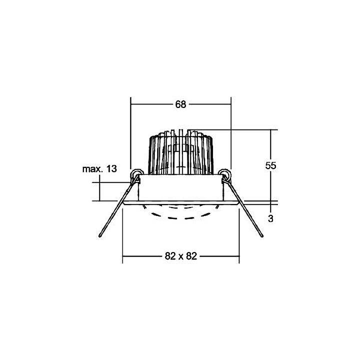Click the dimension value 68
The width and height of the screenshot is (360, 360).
(x=180, y=104)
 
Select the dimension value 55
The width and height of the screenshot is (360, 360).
(x=271, y=165)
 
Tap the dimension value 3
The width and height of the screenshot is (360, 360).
(x=270, y=218)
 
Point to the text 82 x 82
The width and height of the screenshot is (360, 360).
(x=180, y=256)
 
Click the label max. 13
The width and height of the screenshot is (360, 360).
(x=99, y=169)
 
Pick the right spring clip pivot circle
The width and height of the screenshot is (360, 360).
(x=226, y=174)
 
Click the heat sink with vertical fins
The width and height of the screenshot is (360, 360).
(x=180, y=152)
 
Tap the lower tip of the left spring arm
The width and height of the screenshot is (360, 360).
(x=102, y=236)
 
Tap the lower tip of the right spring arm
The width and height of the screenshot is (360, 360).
(x=260, y=236)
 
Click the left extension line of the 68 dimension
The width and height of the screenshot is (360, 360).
(x=130, y=135)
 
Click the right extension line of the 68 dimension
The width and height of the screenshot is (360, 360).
(x=231, y=135)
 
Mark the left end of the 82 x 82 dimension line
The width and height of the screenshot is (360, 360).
(x=123, y=256)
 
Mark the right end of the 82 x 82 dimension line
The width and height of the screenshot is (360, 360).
(x=239, y=256)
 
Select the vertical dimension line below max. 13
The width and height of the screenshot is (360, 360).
(x=99, y=191)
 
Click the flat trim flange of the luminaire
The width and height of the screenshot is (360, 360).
(x=180, y=202)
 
